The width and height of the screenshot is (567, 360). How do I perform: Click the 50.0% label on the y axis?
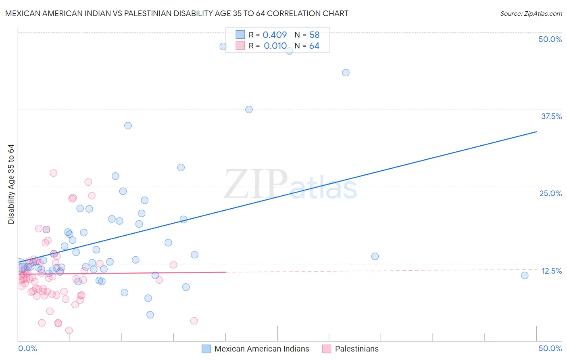550,39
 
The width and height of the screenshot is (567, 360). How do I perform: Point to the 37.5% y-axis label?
551,116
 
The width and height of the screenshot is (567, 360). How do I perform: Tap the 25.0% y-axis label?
550,193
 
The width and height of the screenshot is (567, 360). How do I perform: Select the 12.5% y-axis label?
551,271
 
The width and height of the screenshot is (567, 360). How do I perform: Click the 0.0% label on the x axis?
27,348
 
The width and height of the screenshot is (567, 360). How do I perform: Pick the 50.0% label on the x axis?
550,348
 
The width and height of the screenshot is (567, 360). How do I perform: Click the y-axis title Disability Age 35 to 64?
11,184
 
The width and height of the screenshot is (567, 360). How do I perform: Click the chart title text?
177,13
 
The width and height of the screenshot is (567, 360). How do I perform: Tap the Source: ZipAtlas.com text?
531,13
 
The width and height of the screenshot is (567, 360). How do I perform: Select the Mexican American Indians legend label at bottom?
261,349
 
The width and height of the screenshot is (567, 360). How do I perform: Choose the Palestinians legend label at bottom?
356,349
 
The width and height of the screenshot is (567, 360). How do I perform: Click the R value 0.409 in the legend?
275,35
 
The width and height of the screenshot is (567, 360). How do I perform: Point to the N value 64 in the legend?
314,46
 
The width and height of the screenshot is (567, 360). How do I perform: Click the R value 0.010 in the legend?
275,46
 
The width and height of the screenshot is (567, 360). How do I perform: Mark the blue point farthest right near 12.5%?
525,275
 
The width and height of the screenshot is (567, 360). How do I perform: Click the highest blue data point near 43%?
346,73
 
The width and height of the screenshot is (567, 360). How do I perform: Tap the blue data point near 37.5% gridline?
249,109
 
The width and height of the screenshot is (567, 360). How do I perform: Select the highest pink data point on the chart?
53,173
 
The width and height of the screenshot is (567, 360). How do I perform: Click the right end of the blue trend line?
536,132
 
